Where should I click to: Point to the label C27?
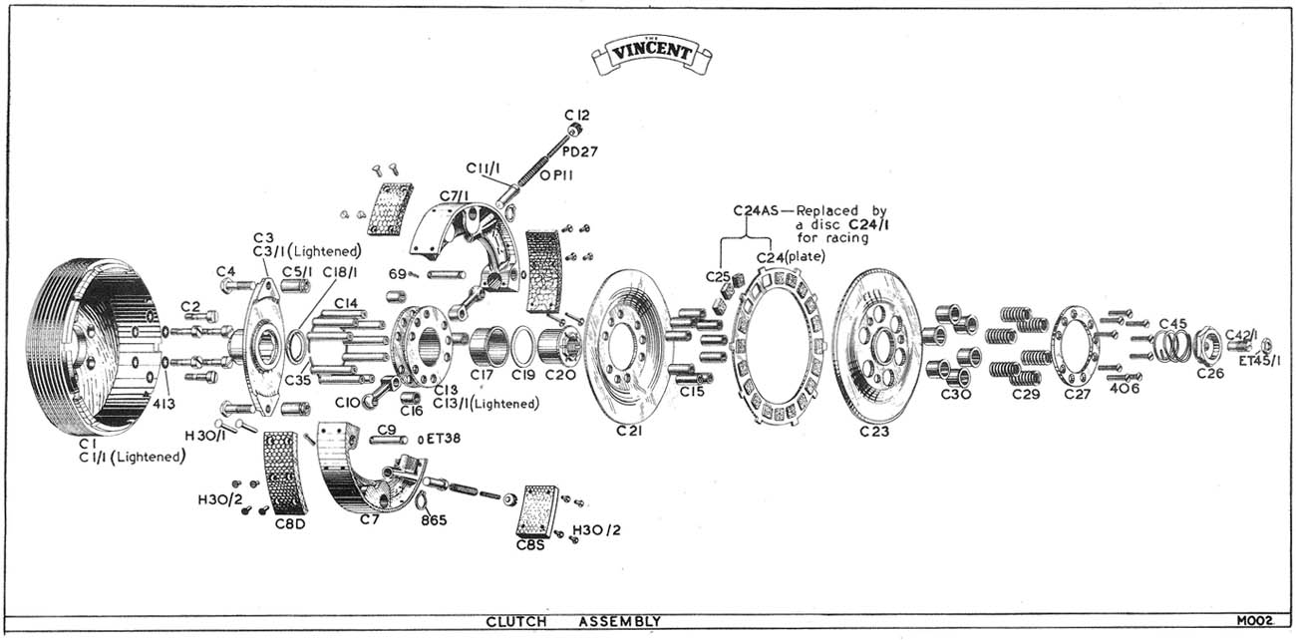tap(1078, 394)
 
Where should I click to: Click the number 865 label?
tap(434, 519)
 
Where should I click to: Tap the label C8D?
tap(290, 523)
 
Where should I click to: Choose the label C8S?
tap(530, 544)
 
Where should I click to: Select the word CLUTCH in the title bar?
tap(516, 621)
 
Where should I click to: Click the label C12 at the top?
tap(577, 115)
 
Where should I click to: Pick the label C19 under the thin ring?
tap(523, 376)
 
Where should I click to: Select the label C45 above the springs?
tap(1172, 323)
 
